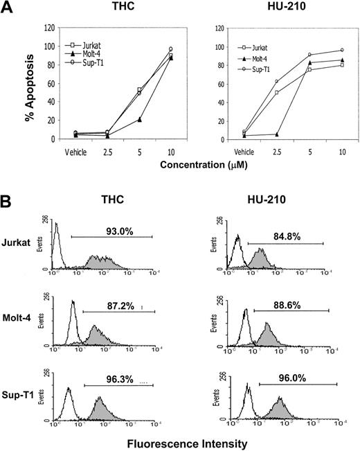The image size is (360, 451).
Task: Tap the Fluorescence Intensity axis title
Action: (x=181, y=440)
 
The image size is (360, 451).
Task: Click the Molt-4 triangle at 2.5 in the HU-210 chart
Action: (x=276, y=134)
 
